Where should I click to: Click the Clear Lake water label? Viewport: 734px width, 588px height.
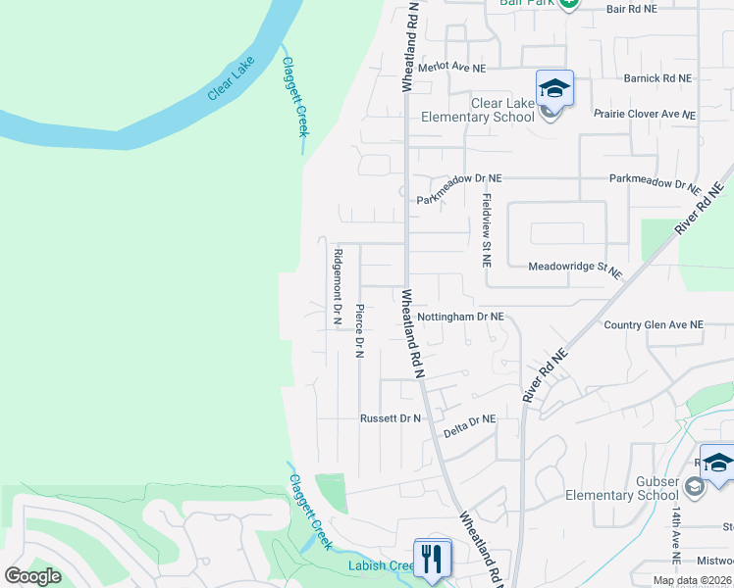231,78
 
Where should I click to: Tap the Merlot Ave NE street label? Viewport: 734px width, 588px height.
452,68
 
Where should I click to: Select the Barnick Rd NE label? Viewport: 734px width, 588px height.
657,77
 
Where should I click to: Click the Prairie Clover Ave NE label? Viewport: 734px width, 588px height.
645,114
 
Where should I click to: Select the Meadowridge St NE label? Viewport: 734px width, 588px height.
575,268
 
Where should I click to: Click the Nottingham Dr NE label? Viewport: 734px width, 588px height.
460,318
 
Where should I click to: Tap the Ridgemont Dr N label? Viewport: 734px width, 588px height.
338,286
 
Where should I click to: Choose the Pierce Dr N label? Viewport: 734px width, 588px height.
359,330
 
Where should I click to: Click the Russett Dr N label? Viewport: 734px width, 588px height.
390,418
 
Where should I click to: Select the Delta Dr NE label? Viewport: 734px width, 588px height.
469,419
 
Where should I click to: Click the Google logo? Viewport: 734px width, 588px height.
32,576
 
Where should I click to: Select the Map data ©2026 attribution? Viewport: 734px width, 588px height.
693,580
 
